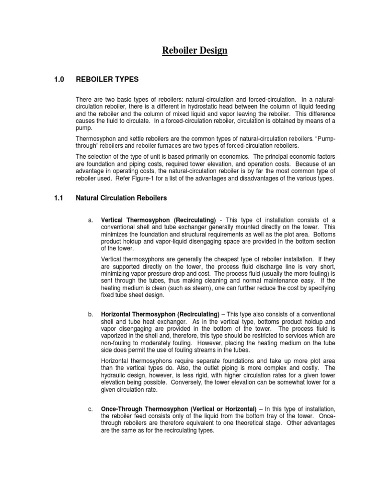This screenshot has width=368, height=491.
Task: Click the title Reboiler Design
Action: click(194, 51)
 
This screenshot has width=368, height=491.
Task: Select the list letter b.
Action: click(90, 314)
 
